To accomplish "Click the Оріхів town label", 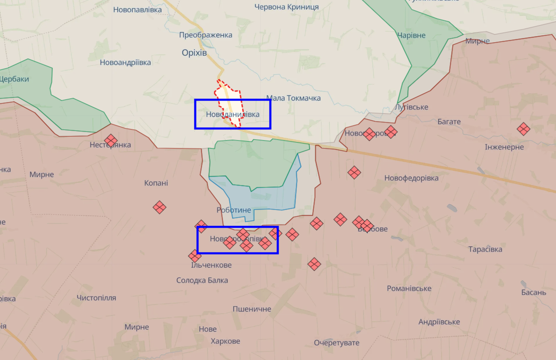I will pyautogui.click(x=194, y=53).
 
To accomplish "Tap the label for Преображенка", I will pyautogui.click(x=205, y=35).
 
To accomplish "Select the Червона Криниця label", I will pyautogui.click(x=287, y=7).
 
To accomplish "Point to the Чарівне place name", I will pyautogui.click(x=411, y=35).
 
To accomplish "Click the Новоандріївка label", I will pyautogui.click(x=125, y=62).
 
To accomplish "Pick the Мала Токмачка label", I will pyautogui.click(x=294, y=98).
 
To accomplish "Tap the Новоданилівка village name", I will pyautogui.click(x=232, y=114).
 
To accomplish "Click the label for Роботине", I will pyautogui.click(x=234, y=210).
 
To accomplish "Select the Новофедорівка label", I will pyautogui.click(x=411, y=178).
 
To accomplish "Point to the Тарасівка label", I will pyautogui.click(x=485, y=250).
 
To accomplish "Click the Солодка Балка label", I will pyautogui.click(x=202, y=280).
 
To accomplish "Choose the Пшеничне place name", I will pyautogui.click(x=252, y=309).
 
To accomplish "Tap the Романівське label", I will pyautogui.click(x=409, y=289).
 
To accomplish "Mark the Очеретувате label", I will pyautogui.click(x=337, y=343).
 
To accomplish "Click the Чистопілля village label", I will pyautogui.click(x=96, y=298).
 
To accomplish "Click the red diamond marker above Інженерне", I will pyautogui.click(x=524, y=129).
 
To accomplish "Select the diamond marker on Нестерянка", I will pyautogui.click(x=110, y=140).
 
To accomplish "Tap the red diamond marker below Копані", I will pyautogui.click(x=160, y=207).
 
